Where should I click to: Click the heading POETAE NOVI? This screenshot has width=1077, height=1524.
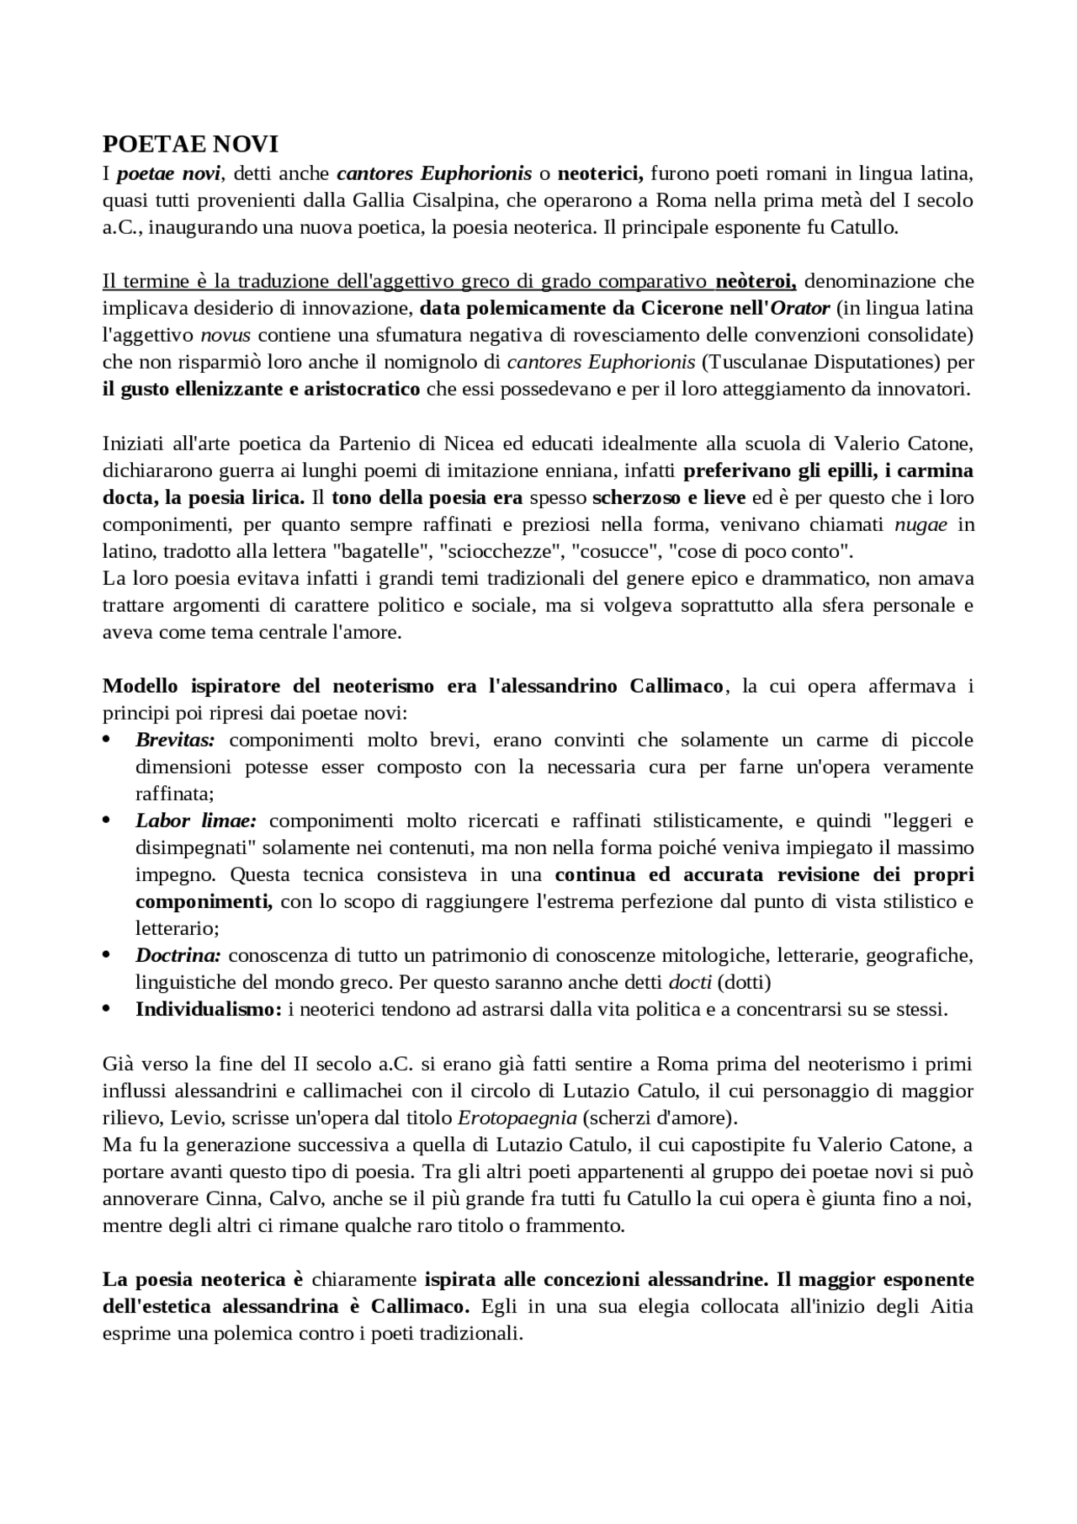pyautogui.click(x=190, y=145)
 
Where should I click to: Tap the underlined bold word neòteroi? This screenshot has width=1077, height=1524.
pyautogui.click(x=755, y=281)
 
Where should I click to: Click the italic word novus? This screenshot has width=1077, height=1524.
pyautogui.click(x=225, y=335)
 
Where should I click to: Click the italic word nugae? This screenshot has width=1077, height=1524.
pyautogui.click(x=920, y=524)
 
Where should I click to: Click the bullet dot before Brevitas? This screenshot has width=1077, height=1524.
pyautogui.click(x=107, y=740)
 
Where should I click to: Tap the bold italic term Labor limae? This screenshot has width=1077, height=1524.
pyautogui.click(x=195, y=820)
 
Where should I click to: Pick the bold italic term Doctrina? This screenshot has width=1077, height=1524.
pyautogui.click(x=178, y=955)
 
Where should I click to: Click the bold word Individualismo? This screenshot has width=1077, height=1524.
pyautogui.click(x=208, y=1009)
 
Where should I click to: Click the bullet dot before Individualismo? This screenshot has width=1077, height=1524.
pyautogui.click(x=107, y=1009)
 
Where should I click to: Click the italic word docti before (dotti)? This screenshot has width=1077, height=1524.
pyautogui.click(x=689, y=982)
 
